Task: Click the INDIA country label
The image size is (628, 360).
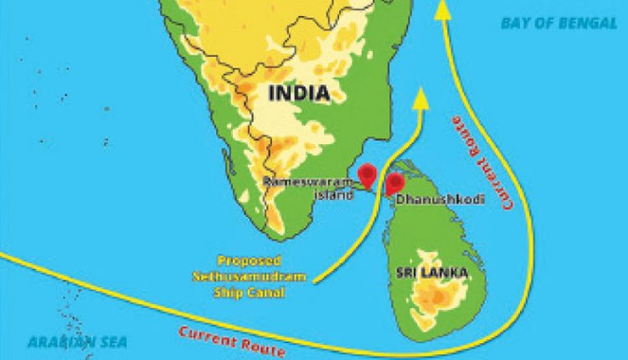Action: (297, 93)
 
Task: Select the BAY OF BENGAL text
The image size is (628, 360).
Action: (559, 23)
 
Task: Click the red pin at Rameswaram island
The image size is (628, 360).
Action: (367, 175)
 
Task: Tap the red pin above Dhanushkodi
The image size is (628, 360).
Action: (394, 183)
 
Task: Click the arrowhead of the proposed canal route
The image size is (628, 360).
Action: (421, 98)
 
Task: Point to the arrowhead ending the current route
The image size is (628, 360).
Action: (443, 10)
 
